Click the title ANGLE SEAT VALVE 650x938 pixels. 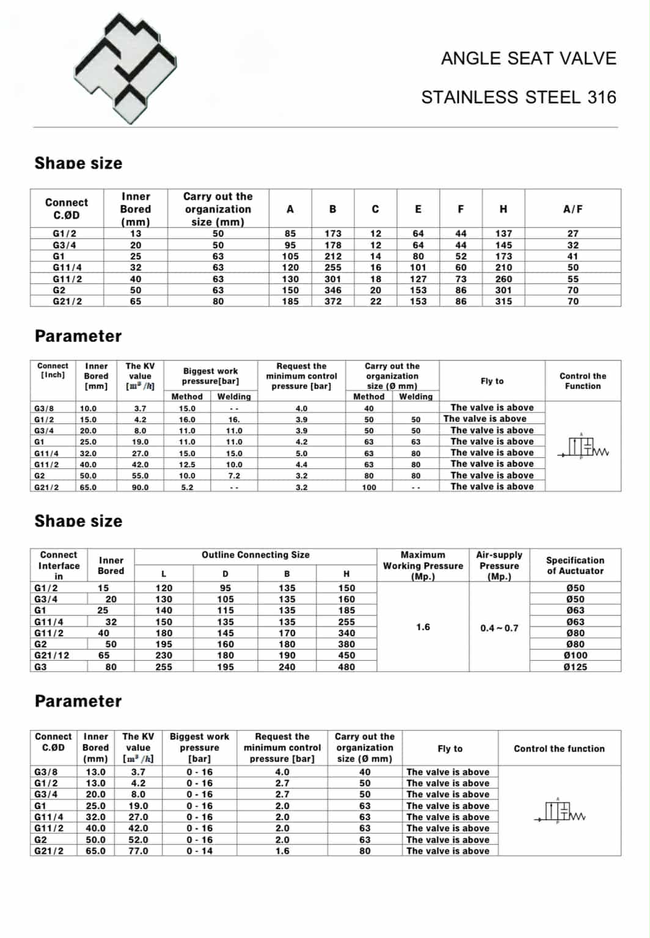[528, 59]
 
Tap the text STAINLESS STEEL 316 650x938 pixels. [519, 98]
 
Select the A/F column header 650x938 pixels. [572, 209]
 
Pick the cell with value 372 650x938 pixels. [333, 301]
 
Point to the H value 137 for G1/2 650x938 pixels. [503, 233]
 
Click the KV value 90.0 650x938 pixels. [140, 487]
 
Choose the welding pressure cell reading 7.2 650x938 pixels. [234, 476]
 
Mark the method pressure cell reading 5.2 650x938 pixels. [187, 487]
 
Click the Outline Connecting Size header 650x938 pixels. [255, 555]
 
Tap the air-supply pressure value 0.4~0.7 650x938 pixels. [499, 628]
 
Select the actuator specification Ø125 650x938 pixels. [575, 667]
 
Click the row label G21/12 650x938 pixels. [52, 655]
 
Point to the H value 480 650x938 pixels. [346, 667]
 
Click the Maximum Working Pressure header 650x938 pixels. [423, 565]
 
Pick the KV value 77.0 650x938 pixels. [138, 851]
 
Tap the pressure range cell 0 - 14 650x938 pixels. [200, 851]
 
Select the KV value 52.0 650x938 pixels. [138, 840]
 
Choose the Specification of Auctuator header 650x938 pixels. [575, 565]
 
